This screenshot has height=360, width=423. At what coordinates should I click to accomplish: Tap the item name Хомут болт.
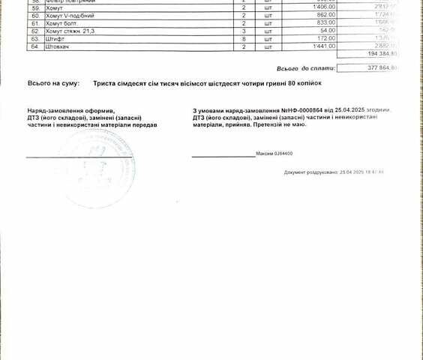coord(62,24)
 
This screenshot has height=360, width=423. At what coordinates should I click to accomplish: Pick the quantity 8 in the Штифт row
coord(223,39)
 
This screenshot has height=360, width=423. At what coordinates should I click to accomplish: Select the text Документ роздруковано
coord(310,172)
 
